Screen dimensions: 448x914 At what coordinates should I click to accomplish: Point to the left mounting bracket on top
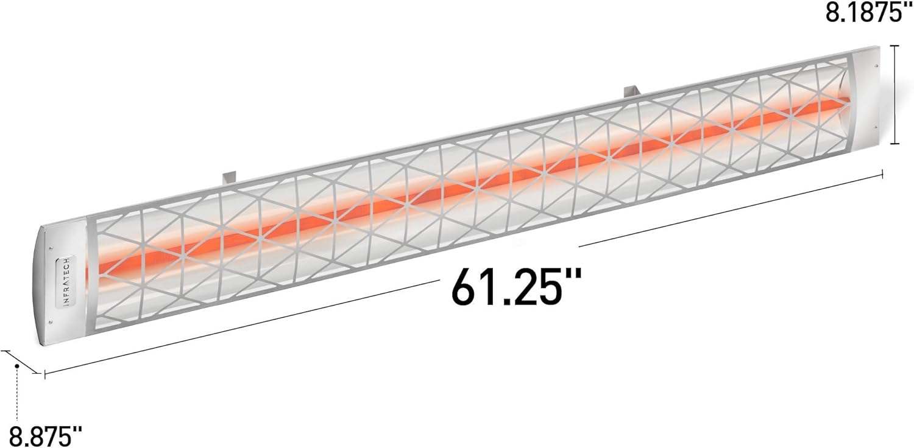click(x=228, y=177)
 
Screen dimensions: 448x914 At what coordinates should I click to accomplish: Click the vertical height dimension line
click(x=895, y=94)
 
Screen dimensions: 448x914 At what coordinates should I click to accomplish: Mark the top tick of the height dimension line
click(x=895, y=46)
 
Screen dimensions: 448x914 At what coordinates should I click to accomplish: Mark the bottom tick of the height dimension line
click(x=895, y=144)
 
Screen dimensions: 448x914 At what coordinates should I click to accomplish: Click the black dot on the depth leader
click(x=18, y=366)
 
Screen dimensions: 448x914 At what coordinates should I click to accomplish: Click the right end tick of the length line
click(x=882, y=175)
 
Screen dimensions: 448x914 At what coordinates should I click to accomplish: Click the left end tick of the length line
click(x=44, y=374)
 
